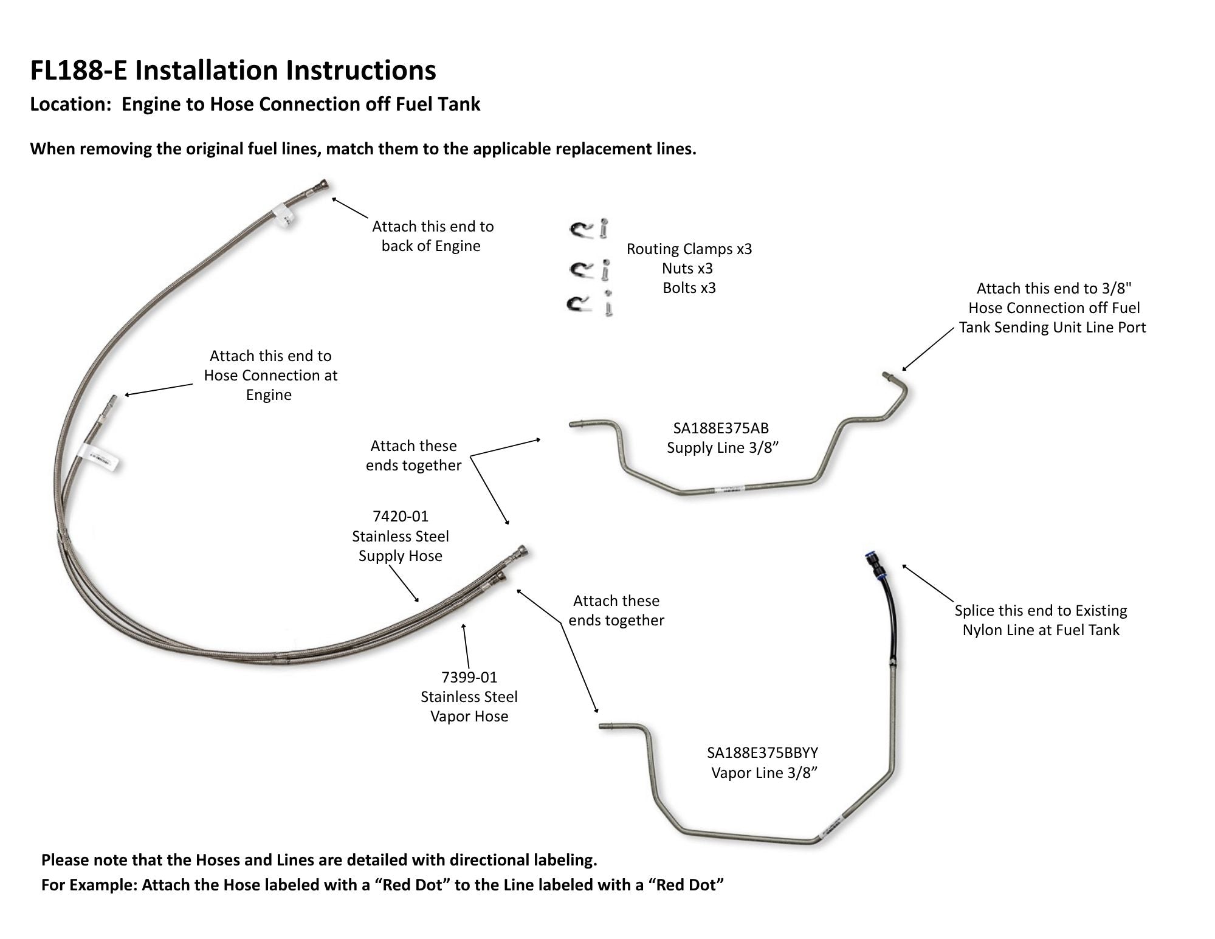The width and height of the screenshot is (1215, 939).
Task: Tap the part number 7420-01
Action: pos(401,516)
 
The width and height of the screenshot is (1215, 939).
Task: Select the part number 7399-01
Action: pos(469,677)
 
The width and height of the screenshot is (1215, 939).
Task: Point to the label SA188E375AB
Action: pos(721,428)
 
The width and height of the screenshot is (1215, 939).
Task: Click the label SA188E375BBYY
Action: pos(762,752)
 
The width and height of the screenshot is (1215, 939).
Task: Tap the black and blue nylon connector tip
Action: pos(875,564)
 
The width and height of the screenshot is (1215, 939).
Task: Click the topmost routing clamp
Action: pos(582,229)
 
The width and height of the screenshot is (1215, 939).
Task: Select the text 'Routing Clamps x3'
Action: pos(689,249)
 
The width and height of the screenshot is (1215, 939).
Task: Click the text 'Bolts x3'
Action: pos(689,287)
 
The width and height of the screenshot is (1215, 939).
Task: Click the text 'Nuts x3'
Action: pos(687,268)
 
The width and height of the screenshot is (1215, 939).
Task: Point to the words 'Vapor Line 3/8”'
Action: pos(764,772)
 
